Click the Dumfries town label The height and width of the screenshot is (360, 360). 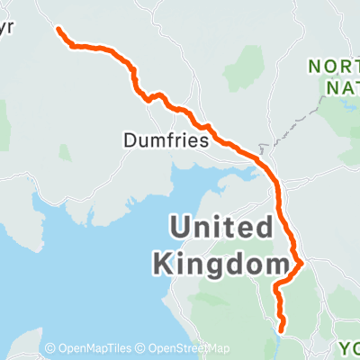coord(166,139)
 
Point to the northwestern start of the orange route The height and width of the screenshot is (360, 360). coord(59,30)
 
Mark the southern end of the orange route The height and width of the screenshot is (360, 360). coord(282,329)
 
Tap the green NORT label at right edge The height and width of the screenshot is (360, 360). coord(334,66)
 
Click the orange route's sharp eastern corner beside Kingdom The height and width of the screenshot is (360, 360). coord(301,263)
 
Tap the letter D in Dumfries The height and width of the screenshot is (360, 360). coord(129,139)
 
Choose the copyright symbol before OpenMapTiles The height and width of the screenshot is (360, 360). coord(50,349)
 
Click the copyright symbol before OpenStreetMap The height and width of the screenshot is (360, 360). coord(142,349)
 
